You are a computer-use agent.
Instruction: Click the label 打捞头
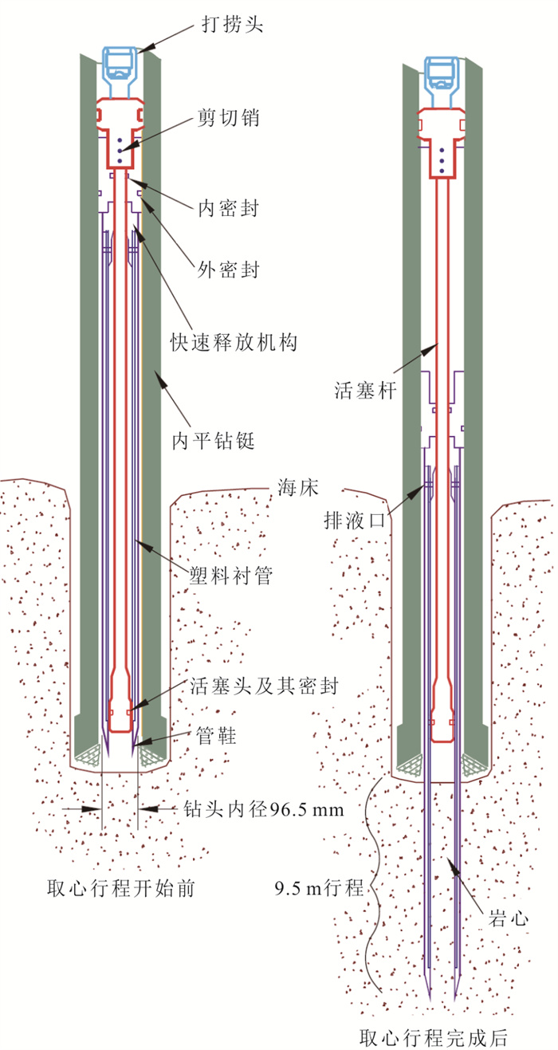(233, 24)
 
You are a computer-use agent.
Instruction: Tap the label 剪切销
(228, 117)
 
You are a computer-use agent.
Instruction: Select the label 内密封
(228, 207)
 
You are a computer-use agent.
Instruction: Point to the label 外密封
(228, 269)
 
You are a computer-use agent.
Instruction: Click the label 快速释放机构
(234, 343)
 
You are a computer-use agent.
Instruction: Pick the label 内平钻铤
(213, 441)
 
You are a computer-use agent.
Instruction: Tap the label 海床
(297, 488)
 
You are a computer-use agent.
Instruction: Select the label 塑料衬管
(230, 575)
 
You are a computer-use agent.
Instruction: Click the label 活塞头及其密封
(264, 686)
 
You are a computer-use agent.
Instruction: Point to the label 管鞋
(216, 735)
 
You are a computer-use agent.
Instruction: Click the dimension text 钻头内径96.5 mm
(263, 809)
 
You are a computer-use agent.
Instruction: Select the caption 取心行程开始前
(121, 888)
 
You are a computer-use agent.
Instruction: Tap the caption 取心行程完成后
(434, 1038)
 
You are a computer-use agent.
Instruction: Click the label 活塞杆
(365, 390)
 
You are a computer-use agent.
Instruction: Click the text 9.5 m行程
(319, 888)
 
